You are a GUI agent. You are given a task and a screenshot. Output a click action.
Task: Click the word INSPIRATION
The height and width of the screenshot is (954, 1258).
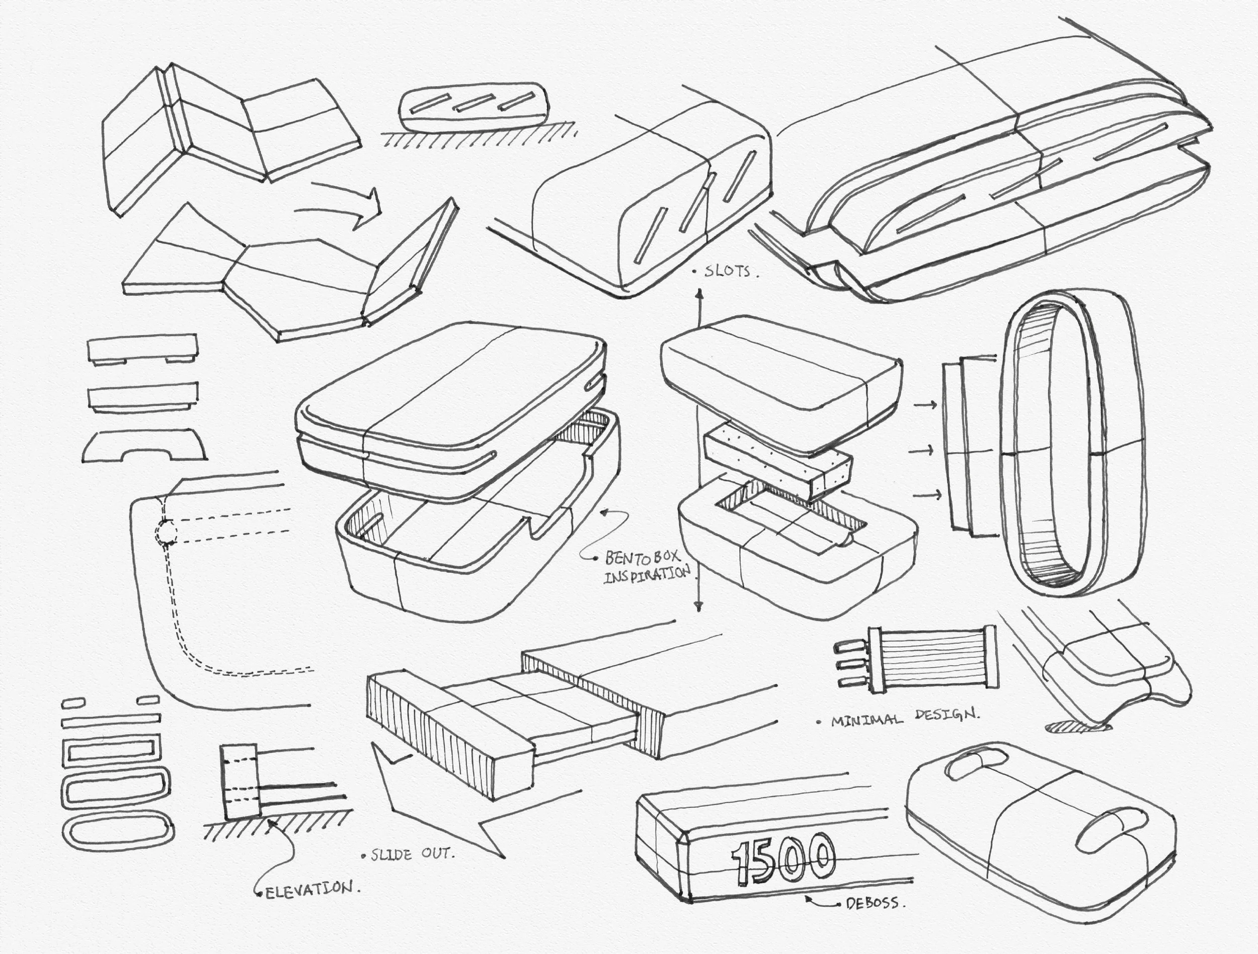[647, 575]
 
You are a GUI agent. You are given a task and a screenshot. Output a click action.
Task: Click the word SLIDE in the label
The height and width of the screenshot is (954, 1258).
[392, 854]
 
